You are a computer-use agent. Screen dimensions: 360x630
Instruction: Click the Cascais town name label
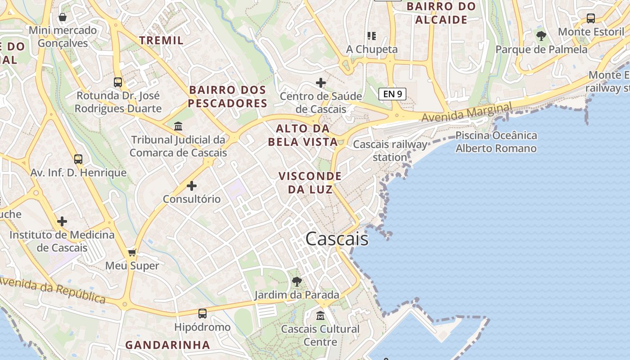click(337, 239)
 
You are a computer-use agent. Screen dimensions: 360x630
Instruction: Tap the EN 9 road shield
click(392, 94)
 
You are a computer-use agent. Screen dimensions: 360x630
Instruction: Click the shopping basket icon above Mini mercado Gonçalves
click(63, 17)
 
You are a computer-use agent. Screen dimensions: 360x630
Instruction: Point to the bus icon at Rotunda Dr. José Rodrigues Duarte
click(118, 82)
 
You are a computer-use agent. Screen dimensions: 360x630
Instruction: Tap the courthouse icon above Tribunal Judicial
click(178, 126)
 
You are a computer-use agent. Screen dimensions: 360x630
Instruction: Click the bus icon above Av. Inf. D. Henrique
click(78, 159)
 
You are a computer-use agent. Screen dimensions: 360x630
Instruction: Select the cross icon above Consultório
click(192, 185)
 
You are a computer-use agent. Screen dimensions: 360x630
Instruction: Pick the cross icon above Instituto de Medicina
click(62, 221)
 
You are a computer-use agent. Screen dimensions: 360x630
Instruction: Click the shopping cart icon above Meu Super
click(132, 252)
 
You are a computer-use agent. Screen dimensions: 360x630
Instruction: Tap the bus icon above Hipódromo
click(202, 314)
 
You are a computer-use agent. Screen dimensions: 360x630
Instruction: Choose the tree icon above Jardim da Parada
click(297, 282)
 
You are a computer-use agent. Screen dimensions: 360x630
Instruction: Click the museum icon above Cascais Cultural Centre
click(320, 316)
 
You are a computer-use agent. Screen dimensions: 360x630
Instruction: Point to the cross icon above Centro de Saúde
click(321, 83)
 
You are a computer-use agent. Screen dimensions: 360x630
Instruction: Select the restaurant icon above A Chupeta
click(372, 36)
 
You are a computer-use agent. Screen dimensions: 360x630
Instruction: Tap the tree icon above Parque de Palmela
click(541, 36)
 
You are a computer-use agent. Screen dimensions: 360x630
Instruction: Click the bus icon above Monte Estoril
click(591, 18)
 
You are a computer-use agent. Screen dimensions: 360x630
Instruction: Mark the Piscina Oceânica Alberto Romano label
click(496, 142)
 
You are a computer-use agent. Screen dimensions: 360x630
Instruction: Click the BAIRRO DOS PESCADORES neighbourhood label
click(227, 97)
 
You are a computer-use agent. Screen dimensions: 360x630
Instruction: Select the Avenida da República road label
click(52, 290)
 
